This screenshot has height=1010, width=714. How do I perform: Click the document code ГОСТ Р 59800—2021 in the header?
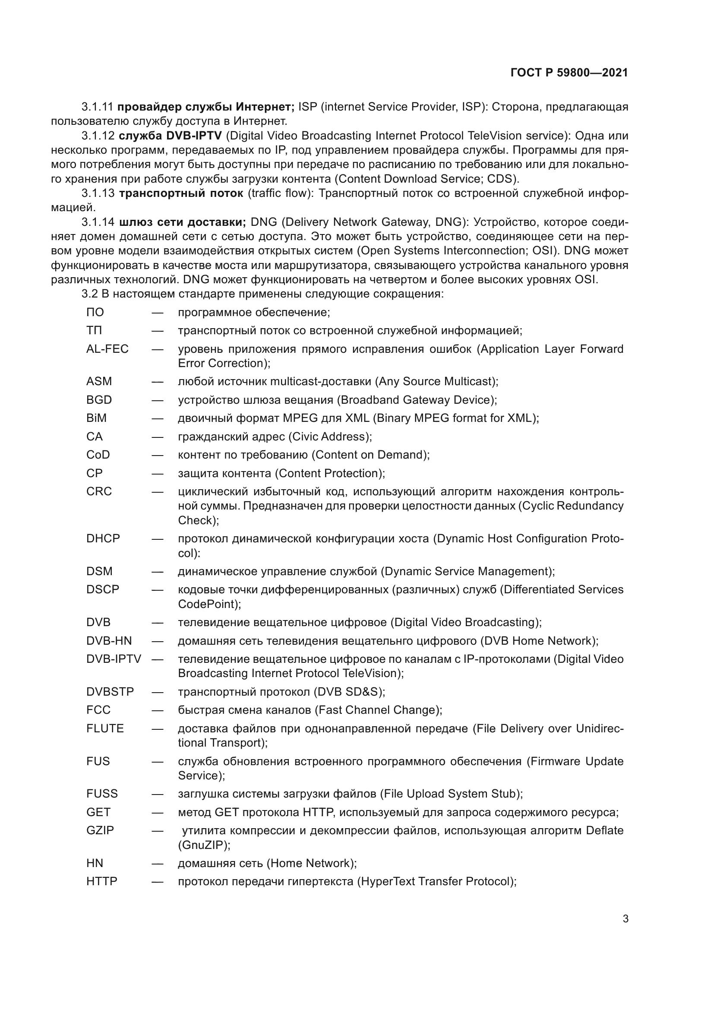pos(569,73)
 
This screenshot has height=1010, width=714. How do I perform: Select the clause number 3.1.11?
pos(97,107)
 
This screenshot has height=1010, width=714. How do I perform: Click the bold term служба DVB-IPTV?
pos(170,136)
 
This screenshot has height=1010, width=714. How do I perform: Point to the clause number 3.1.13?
pos(98,193)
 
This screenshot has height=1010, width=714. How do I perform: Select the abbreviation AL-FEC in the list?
pos(107,349)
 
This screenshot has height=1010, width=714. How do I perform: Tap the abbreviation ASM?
pos(99,381)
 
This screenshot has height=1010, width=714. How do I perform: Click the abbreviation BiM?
pos(96,418)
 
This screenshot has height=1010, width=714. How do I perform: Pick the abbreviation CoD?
pos(98,455)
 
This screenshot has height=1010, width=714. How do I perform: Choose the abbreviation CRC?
pos(99,491)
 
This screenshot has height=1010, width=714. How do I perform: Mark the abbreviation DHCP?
pos(103,538)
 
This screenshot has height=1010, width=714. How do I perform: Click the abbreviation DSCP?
pos(102,589)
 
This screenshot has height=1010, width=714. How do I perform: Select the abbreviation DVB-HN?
pos(109,641)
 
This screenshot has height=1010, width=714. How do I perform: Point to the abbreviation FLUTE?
pos(105,728)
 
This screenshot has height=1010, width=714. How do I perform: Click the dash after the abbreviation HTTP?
pos(158,882)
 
